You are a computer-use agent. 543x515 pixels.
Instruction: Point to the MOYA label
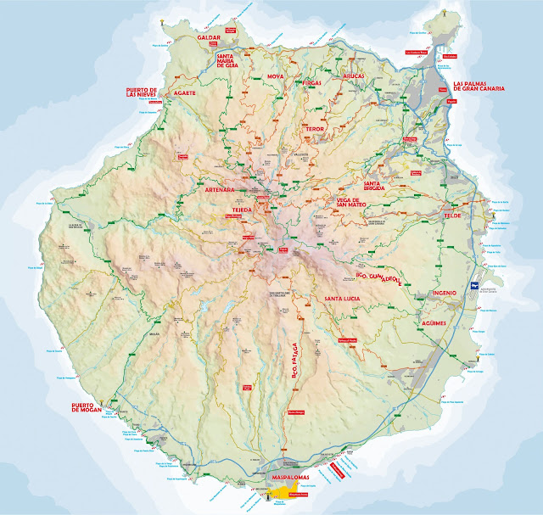(x=276, y=76)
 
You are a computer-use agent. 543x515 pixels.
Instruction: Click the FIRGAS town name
(x=314, y=83)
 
